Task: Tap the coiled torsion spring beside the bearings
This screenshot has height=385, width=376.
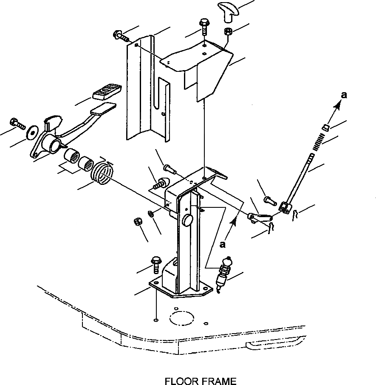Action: click(x=103, y=173)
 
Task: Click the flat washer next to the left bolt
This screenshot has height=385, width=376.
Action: click(x=31, y=131)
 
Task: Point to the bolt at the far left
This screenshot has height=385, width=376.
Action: click(x=17, y=123)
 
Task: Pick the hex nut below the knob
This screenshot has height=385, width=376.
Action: click(x=227, y=31)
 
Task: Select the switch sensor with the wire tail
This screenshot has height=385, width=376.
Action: click(x=224, y=274)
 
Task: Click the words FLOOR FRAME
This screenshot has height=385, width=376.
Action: click(x=201, y=381)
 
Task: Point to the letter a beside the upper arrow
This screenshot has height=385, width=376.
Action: click(x=344, y=95)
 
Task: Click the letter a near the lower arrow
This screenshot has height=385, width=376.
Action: click(x=222, y=244)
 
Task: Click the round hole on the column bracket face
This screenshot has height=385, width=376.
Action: click(x=187, y=220)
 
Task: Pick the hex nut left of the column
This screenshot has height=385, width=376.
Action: click(x=137, y=221)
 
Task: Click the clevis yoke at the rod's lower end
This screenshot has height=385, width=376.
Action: click(x=285, y=207)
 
